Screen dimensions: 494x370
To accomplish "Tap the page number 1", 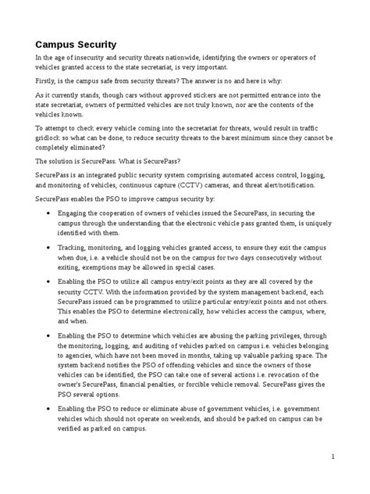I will (x=333, y=457).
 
